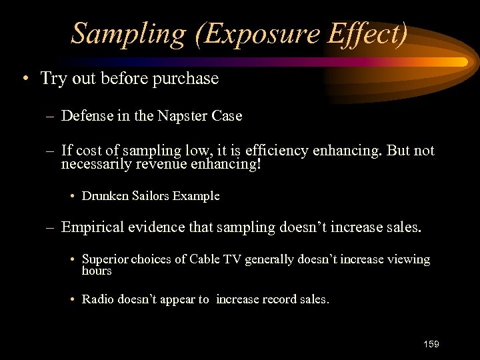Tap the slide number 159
[x=431, y=344]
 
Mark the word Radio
[x=98, y=299]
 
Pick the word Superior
[x=105, y=259]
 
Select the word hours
[x=97, y=271]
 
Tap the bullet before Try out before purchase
[x=25, y=79]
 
